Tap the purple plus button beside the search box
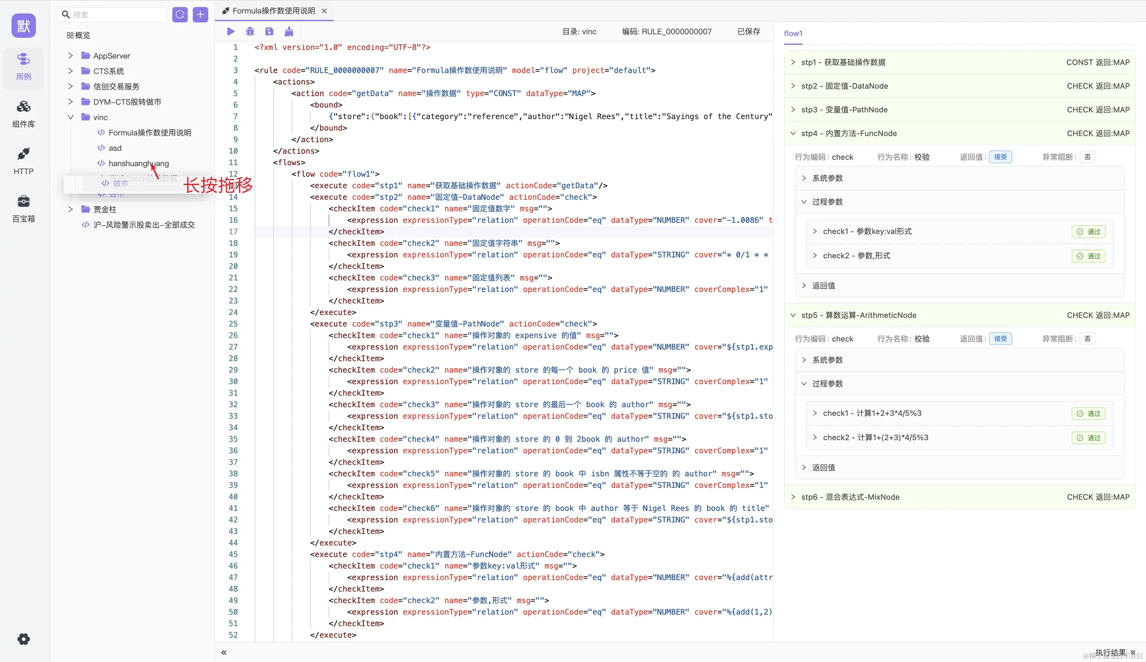tap(200, 14)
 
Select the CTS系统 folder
tap(108, 71)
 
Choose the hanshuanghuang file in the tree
tap(138, 164)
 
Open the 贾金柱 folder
tap(105, 209)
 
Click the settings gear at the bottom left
tap(23, 639)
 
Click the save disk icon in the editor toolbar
tap(269, 32)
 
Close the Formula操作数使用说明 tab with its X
tap(324, 11)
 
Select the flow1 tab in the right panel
tap(793, 34)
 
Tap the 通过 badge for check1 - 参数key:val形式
tap(1088, 232)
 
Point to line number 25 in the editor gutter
tap(233, 324)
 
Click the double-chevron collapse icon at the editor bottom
tap(224, 653)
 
